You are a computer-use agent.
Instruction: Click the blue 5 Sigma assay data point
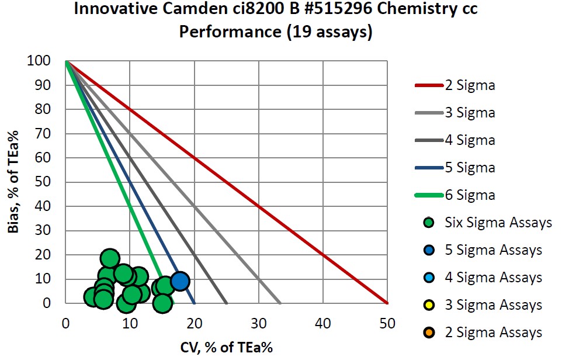click(x=180, y=281)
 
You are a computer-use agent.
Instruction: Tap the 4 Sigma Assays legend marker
click(x=429, y=278)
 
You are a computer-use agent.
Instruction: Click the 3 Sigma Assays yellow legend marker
click(x=429, y=305)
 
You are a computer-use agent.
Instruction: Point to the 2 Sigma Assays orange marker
click(x=429, y=333)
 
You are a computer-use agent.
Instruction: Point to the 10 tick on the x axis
click(x=130, y=323)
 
